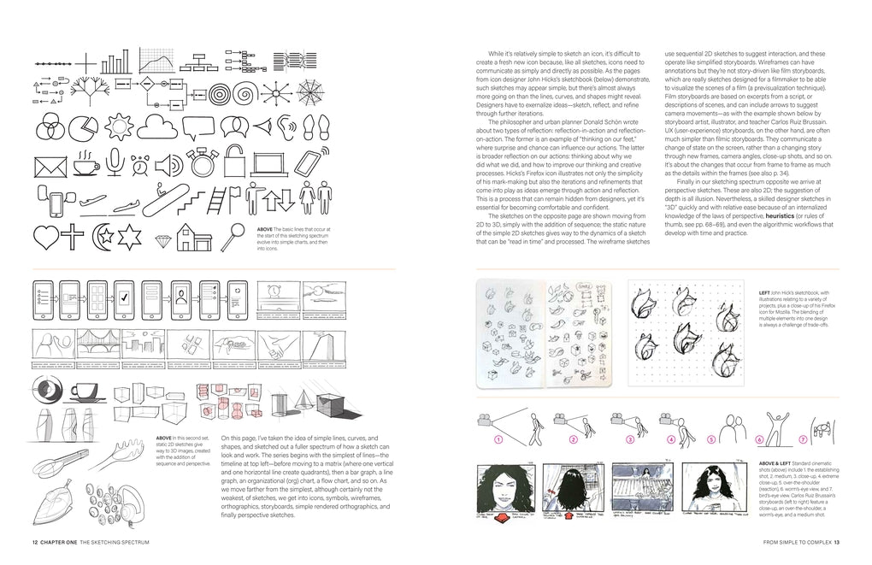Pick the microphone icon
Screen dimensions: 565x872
pyautogui.click(x=114, y=162)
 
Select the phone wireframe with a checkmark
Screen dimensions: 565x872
pyautogui.click(x=125, y=299)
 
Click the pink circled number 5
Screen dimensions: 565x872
pyautogui.click(x=711, y=440)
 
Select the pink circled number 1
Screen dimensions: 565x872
pyautogui.click(x=494, y=440)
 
